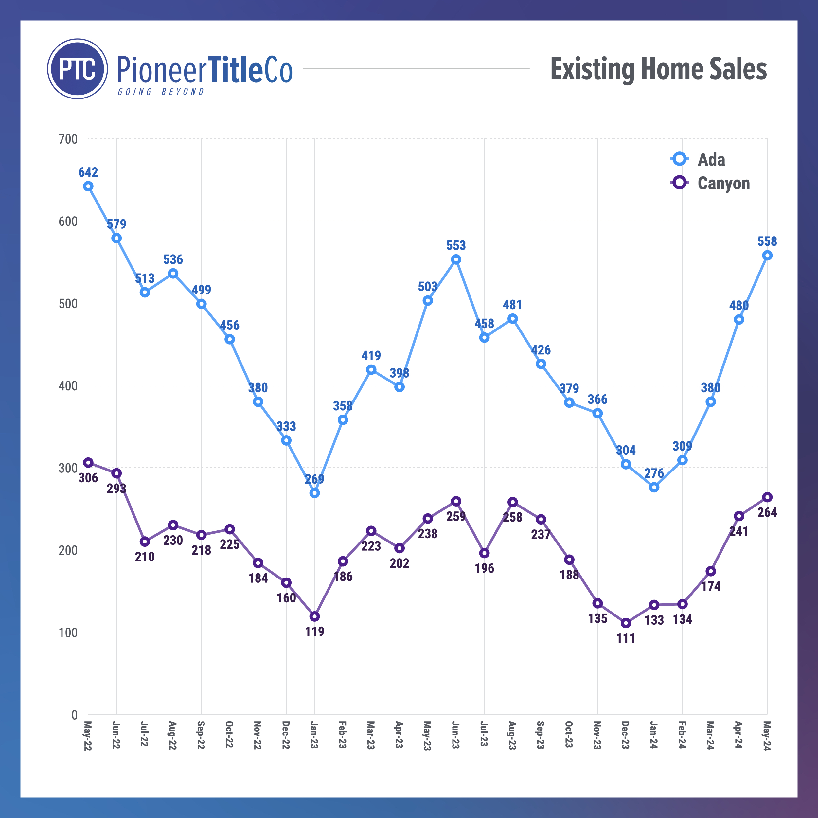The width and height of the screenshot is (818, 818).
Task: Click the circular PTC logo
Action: tap(78, 69)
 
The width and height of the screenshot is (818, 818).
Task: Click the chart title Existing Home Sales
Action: tap(658, 69)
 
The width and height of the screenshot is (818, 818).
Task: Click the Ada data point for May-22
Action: tap(88, 186)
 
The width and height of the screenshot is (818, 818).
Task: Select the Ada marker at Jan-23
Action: tap(314, 493)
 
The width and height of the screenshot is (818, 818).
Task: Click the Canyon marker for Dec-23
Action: tap(626, 623)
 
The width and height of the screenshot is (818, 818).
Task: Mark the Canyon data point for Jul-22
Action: tap(145, 542)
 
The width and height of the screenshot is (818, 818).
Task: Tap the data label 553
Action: tap(456, 246)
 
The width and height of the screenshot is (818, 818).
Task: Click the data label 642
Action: tap(88, 172)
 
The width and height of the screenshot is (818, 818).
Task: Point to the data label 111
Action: tap(626, 638)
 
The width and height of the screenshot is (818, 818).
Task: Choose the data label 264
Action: tap(767, 512)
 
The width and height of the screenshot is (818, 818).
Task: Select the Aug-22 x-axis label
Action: tap(173, 736)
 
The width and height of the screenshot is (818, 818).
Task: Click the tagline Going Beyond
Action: tap(161, 92)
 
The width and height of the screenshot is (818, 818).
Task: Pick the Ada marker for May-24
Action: tap(767, 255)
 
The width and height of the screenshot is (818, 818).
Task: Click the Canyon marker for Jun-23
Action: tap(456, 501)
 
